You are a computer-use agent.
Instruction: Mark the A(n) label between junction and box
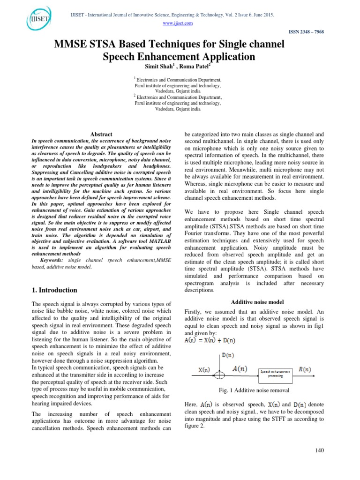[240, 369]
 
